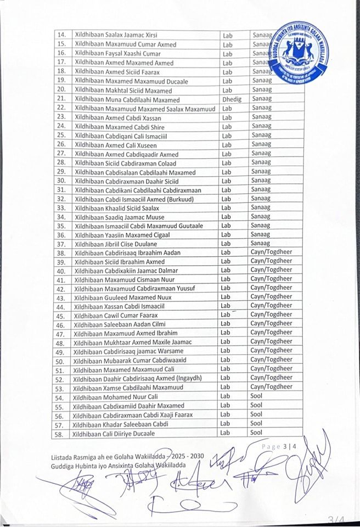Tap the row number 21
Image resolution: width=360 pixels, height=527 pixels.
click(x=61, y=99)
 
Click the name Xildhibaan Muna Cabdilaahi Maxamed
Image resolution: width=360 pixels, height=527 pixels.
click(x=127, y=99)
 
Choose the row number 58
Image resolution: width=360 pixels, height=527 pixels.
click(x=61, y=434)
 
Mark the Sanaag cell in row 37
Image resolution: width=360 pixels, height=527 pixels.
click(x=261, y=243)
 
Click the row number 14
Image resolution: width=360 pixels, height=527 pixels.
click(x=61, y=35)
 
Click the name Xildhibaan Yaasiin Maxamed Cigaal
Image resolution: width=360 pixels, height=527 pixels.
click(x=122, y=235)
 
